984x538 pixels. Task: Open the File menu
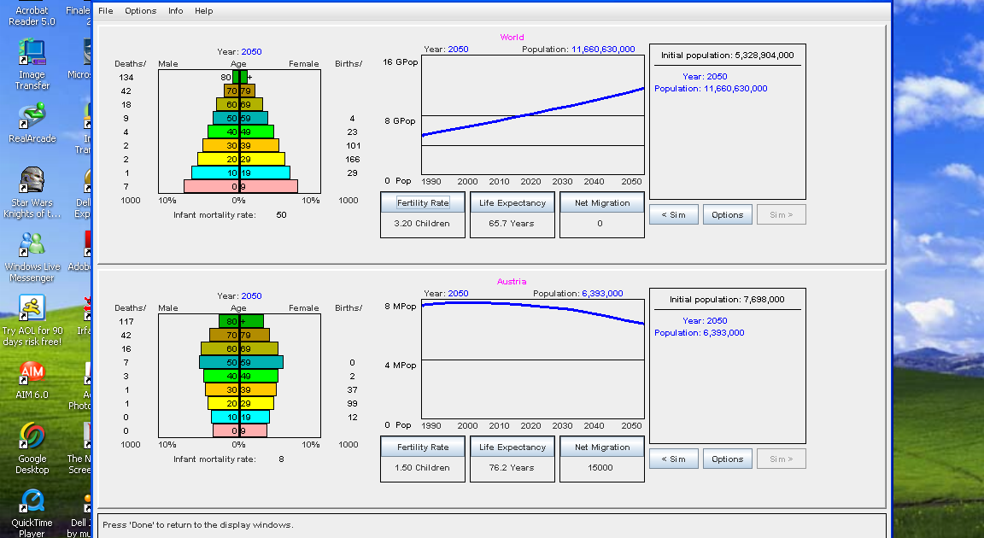point(105,11)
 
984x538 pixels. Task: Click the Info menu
point(175,11)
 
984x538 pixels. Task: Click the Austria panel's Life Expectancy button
point(512,447)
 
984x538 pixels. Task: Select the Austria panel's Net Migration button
point(602,447)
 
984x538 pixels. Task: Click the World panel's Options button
point(727,215)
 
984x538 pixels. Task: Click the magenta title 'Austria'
point(512,282)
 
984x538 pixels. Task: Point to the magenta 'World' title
point(512,38)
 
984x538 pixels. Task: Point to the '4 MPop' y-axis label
point(400,365)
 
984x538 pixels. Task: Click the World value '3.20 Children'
point(422,224)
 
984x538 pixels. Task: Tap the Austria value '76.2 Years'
point(512,468)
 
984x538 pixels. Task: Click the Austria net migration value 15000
point(600,468)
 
